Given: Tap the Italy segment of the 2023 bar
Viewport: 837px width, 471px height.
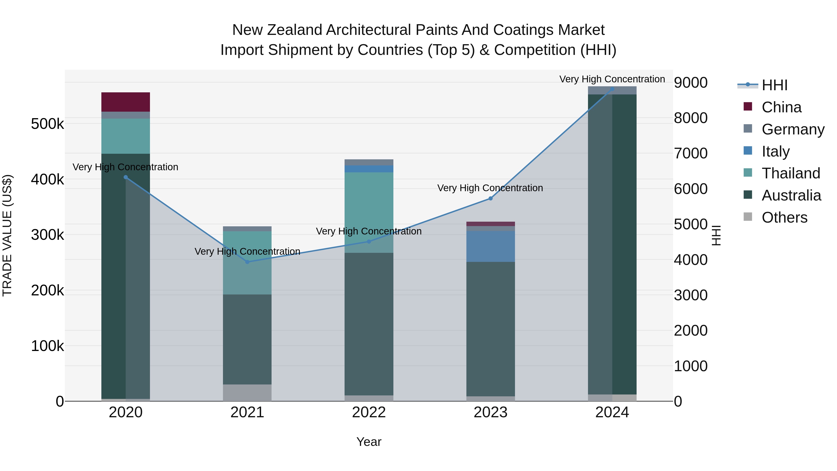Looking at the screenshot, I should click(x=490, y=246).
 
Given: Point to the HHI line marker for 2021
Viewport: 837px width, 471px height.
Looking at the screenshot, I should click(x=247, y=262).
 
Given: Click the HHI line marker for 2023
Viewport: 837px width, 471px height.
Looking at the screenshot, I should click(x=491, y=198).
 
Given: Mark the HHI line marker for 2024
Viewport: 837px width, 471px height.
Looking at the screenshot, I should click(x=612, y=89).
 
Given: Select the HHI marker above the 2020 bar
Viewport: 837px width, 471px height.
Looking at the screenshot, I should click(x=126, y=177).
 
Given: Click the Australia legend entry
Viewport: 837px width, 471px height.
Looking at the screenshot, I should click(x=791, y=195).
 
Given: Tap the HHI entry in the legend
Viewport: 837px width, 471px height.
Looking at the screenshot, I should click(x=774, y=85).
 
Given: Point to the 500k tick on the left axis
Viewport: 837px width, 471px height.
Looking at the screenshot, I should click(x=47, y=124).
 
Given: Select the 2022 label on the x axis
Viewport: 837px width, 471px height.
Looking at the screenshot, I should click(x=369, y=412).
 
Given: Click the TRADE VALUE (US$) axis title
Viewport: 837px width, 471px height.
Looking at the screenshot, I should click(x=7, y=235).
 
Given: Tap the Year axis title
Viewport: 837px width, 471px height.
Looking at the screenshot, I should click(x=369, y=442).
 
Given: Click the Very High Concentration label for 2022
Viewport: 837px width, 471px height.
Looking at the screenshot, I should click(x=369, y=231).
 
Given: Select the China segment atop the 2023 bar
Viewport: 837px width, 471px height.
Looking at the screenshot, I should click(x=490, y=224).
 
